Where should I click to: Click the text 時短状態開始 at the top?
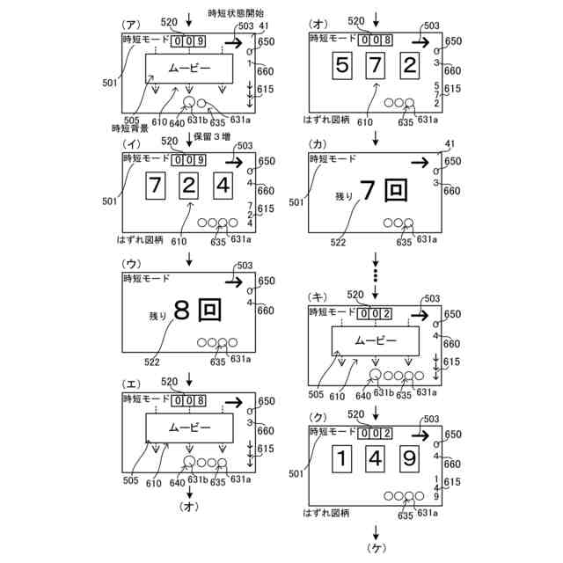coord(236,12)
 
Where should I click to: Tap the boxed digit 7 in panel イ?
coord(155,186)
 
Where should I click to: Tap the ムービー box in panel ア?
coord(189,68)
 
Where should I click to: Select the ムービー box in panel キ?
coord(376,340)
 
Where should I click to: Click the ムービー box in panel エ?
coord(189,427)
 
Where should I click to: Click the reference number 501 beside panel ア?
coord(109,84)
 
